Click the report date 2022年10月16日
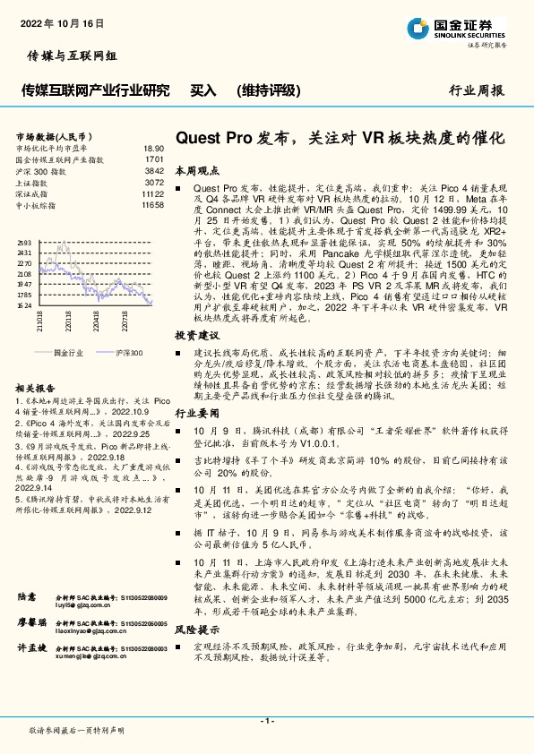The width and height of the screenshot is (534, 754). [x=56, y=21]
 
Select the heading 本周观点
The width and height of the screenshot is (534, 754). [x=197, y=169]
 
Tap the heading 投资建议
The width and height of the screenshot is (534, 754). [x=197, y=333]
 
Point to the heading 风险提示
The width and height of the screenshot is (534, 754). [x=197, y=630]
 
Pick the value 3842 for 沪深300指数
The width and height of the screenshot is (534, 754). [x=154, y=170]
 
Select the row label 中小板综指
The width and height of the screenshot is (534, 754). [x=36, y=205]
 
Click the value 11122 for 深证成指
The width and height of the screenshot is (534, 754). [x=152, y=193]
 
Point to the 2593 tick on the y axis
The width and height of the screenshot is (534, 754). [x=24, y=243]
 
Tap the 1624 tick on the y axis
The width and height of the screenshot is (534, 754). [x=24, y=305]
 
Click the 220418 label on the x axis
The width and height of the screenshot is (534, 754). [x=94, y=320]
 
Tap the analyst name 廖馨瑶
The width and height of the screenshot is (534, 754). [x=30, y=621]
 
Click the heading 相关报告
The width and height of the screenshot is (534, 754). [x=37, y=388]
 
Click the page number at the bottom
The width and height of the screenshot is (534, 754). [x=266, y=721]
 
